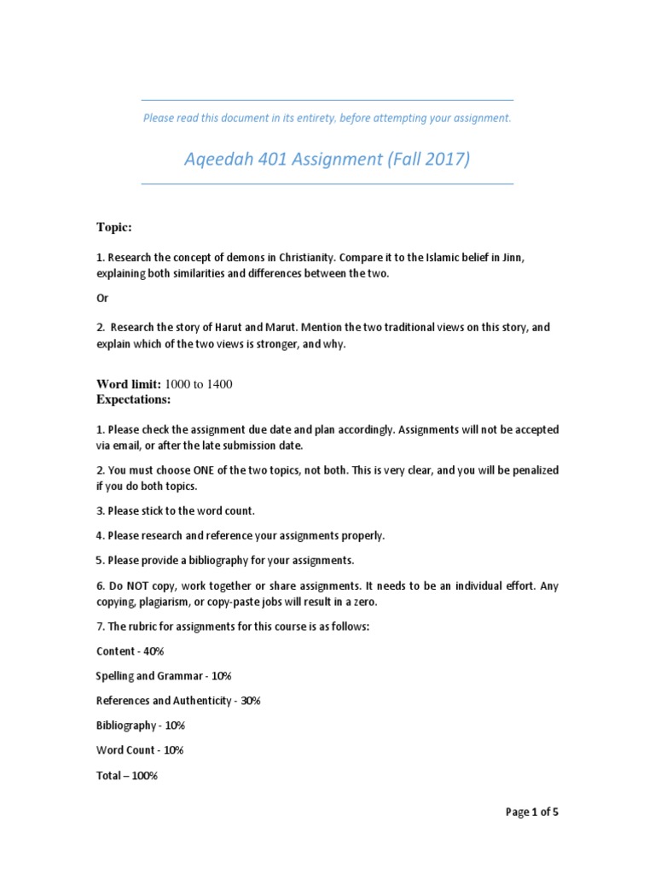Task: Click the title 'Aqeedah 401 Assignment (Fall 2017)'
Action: [327, 160]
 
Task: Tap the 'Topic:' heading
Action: [113, 228]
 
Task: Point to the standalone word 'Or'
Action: [101, 298]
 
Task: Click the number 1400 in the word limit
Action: [217, 384]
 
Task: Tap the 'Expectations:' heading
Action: [134, 399]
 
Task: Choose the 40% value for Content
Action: [154, 651]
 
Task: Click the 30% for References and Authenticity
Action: [250, 701]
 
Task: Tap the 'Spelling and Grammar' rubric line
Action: [140, 676]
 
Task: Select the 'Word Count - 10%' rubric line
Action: [140, 750]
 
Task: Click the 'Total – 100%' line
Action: [127, 776]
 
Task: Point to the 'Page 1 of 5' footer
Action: [532, 813]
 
